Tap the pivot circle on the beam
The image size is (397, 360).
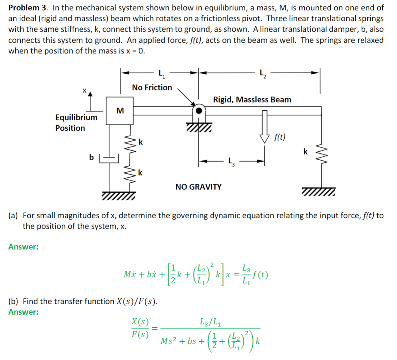199,109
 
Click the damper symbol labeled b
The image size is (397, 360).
109,157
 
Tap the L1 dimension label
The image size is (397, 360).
161,74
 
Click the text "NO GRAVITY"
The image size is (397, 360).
198,187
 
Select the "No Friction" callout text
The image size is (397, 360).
152,88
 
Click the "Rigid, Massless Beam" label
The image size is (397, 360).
252,100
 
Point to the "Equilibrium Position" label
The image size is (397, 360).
76,123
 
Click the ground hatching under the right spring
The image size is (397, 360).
318,193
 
